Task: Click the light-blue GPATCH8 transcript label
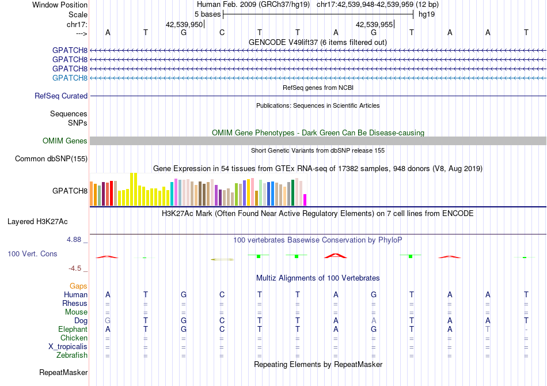pos(70,78)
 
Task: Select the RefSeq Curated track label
pos(61,96)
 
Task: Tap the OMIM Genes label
pos(65,141)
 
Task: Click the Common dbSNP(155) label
pos(51,159)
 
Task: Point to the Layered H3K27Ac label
pos(37,222)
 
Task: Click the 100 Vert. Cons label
pos(32,253)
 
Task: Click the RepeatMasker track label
pos(63,372)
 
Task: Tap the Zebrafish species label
pos(72,355)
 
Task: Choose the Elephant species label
pos(73,329)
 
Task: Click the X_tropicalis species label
pos(68,347)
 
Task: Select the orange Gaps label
pos(78,286)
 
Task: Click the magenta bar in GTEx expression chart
pos(305,200)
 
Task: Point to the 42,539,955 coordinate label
pos(374,24)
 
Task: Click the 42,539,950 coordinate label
pos(184,24)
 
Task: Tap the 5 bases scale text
pos(207,14)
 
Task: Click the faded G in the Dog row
pos(108,320)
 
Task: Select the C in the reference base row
pos(222,32)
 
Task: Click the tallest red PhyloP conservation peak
pos(336,256)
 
